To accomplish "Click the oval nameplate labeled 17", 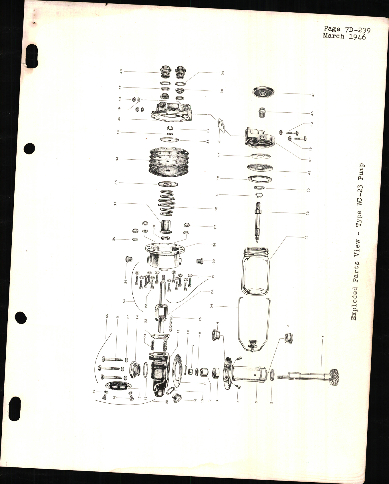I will point(116,385).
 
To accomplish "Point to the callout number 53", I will point(306,237).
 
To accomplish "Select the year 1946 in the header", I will point(356,37).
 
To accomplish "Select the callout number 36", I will point(118,119).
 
